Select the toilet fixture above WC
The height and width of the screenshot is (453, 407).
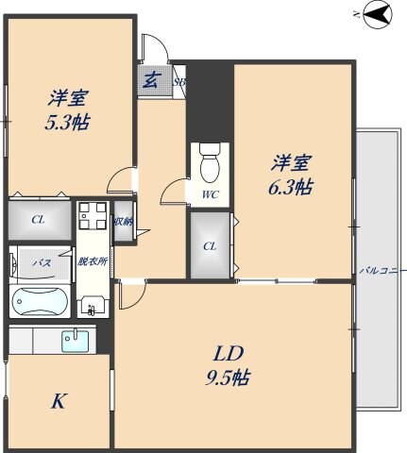(x=209, y=164)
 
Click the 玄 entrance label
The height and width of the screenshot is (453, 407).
(x=151, y=79)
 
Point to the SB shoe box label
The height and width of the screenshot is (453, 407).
(x=178, y=81)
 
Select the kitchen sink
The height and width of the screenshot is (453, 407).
(x=79, y=340)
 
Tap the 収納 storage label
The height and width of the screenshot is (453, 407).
(x=123, y=223)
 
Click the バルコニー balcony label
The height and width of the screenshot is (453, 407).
(x=382, y=271)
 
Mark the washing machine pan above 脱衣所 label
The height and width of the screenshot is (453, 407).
(x=93, y=219)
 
